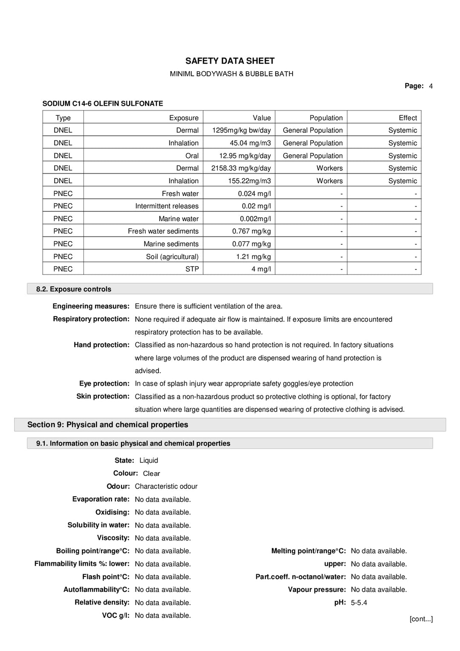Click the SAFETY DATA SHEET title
click(230, 61)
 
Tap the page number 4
click(431, 86)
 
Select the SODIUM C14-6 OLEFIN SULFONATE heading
click(103, 104)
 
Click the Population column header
click(326, 118)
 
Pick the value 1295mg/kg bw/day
click(241, 130)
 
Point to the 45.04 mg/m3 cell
click(250, 143)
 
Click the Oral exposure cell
click(192, 156)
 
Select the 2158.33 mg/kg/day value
click(241, 168)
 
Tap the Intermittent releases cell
click(167, 206)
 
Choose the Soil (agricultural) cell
click(172, 256)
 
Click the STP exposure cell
click(192, 269)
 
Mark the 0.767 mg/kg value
click(251, 231)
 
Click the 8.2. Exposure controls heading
click(74, 289)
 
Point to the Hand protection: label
click(101, 345)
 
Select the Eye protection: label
click(104, 383)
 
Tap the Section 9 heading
click(108, 425)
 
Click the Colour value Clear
click(151, 474)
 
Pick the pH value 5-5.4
click(359, 603)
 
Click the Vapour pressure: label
click(316, 590)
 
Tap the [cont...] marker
click(421, 619)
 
